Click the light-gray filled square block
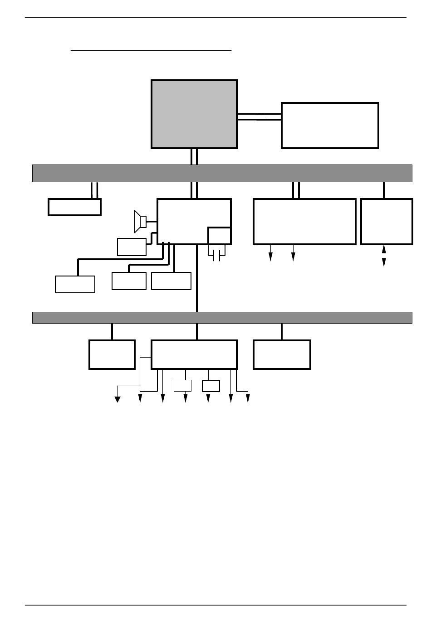[194, 114]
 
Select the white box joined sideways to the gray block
[330, 125]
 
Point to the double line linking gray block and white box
[259, 116]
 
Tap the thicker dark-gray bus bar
[222, 173]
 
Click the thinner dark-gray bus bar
[222, 317]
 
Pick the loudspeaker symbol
[140, 221]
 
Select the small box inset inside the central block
[219, 236]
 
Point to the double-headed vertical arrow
[384, 256]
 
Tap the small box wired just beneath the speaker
[132, 247]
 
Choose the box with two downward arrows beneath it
[304, 221]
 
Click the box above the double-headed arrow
[387, 221]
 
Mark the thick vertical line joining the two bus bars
[196, 279]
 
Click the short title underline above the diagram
[151, 51]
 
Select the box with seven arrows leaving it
[194, 354]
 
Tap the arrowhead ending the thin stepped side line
[118, 399]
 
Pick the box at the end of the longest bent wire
[75, 284]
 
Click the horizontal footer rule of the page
[215, 605]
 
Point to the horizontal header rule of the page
[215, 18]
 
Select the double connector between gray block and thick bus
[194, 156]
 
